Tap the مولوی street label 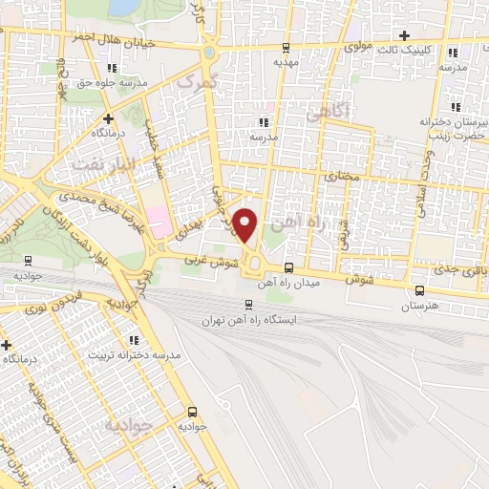click(356, 45)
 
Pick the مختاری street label click(341, 177)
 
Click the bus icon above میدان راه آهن click(289, 268)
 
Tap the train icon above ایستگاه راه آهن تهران click(248, 306)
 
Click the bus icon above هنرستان click(420, 291)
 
